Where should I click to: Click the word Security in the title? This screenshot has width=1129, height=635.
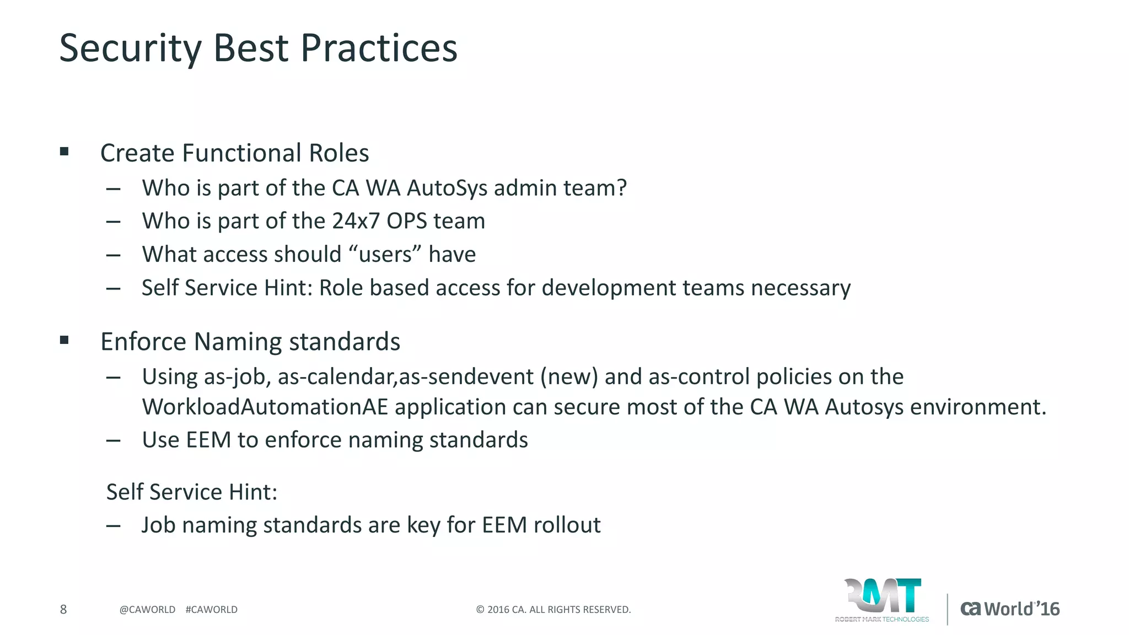(131, 49)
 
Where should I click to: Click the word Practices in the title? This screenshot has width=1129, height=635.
(379, 49)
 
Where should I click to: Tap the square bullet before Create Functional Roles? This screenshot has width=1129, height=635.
(64, 152)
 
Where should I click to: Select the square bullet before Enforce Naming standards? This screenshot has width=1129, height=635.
(64, 340)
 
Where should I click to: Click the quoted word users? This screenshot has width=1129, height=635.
(385, 255)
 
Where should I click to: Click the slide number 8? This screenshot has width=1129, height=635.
(63, 609)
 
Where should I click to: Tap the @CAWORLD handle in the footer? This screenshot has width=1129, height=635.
(147, 610)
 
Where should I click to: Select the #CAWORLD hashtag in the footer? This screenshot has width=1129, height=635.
(212, 610)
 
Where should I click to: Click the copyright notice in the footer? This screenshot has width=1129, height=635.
(553, 610)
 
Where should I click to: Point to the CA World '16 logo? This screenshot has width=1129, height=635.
(1010, 609)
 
